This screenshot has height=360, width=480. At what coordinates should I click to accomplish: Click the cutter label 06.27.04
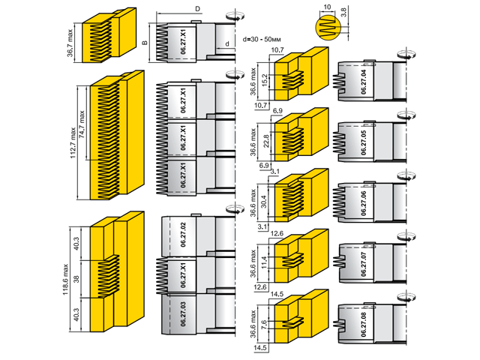click(x=363, y=80)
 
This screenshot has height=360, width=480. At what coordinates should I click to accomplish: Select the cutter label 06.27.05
click(x=363, y=141)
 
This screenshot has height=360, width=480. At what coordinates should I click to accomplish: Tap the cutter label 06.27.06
click(x=363, y=203)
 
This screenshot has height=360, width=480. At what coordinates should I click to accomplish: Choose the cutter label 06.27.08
click(x=363, y=323)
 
